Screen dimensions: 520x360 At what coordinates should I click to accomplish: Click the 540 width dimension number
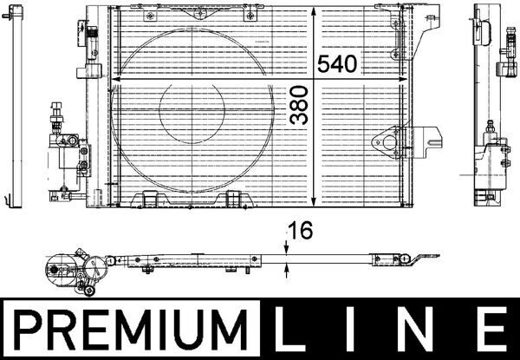[337, 64]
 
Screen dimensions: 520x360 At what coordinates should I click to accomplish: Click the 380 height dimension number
[298, 105]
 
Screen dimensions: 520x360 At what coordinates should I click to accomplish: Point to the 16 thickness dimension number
[300, 231]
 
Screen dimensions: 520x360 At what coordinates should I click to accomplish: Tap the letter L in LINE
[289, 329]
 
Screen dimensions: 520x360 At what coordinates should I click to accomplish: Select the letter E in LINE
[493, 329]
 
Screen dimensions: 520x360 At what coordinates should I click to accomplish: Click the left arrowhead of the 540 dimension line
[115, 79]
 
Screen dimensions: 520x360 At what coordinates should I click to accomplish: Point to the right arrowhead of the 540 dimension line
[403, 79]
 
